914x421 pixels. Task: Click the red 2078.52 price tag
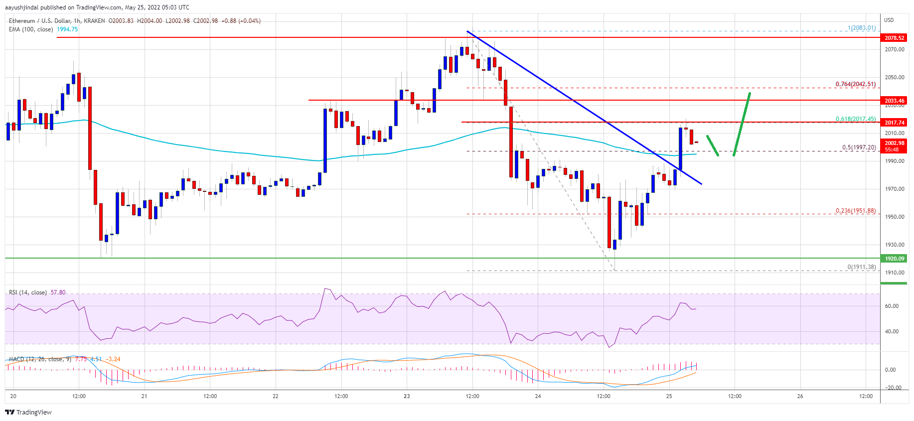click(894, 38)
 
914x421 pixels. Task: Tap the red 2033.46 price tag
click(894, 101)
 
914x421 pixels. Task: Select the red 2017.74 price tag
click(894, 122)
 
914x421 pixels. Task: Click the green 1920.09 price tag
click(894, 259)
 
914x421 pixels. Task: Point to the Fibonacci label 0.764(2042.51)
click(855, 84)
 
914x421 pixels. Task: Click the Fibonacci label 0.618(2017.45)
click(855, 119)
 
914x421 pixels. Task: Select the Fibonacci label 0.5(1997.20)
click(858, 147)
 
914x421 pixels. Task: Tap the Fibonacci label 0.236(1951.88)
click(855, 211)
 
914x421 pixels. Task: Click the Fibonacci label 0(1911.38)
click(861, 267)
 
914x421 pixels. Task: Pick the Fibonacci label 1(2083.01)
click(861, 28)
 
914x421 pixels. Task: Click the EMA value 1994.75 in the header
click(67, 29)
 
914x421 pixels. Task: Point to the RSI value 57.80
click(58, 292)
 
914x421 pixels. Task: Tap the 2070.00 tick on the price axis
click(894, 49)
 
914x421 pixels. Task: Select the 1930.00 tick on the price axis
click(894, 245)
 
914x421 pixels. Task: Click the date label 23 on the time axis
click(407, 397)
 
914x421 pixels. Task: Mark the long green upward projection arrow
click(742, 125)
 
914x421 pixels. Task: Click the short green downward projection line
click(713, 145)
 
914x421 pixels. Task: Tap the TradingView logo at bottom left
click(28, 412)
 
